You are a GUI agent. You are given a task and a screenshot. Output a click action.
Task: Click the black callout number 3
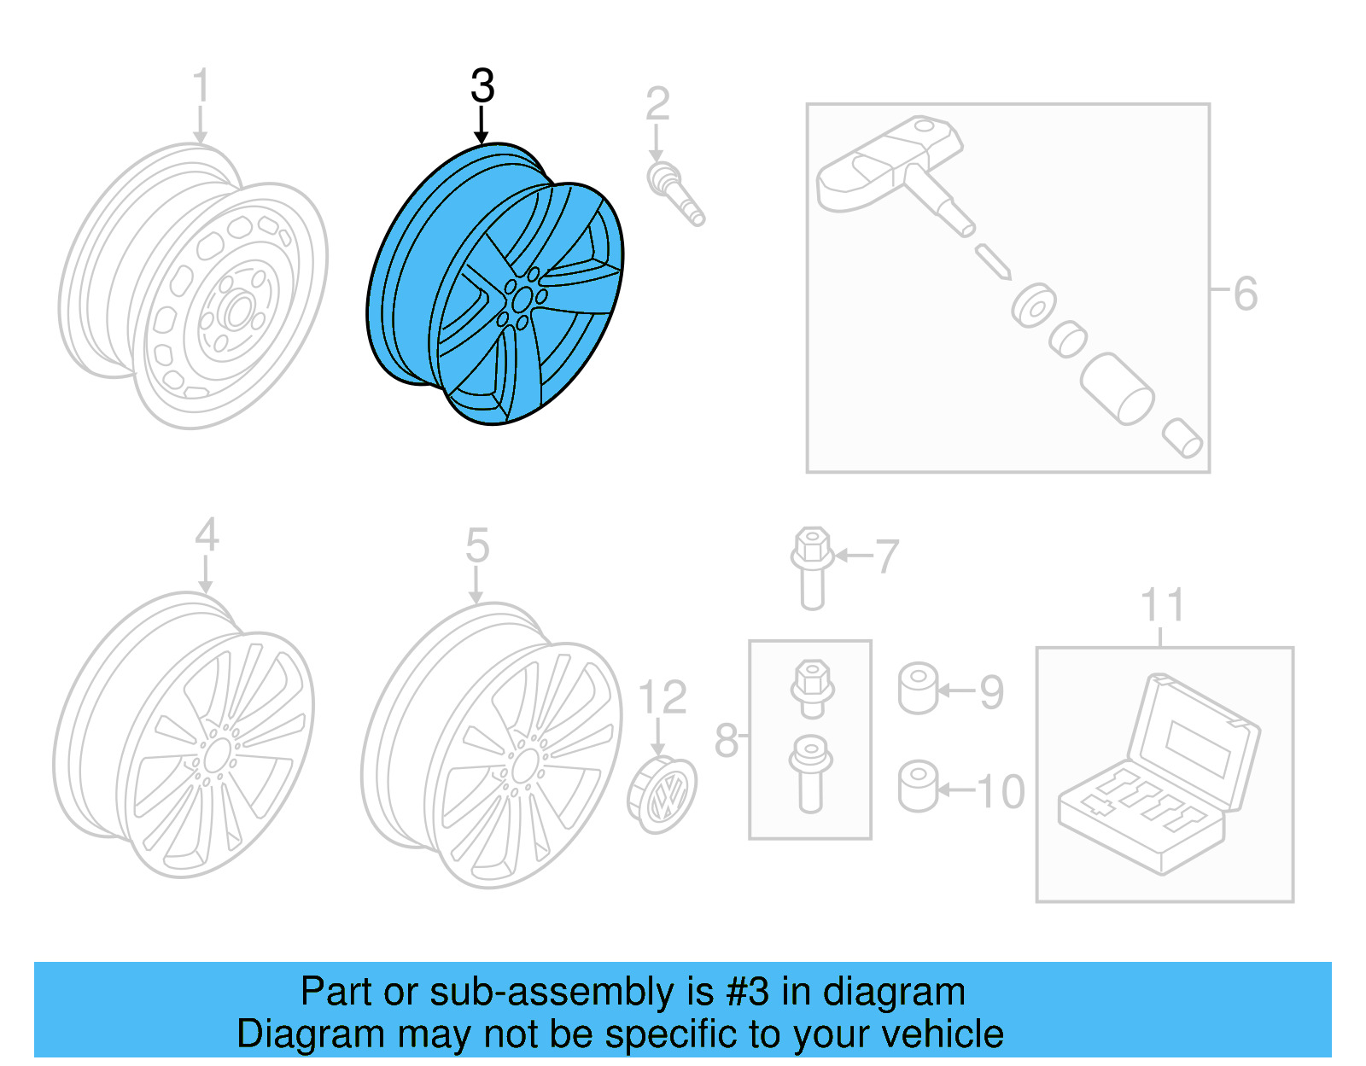[482, 86]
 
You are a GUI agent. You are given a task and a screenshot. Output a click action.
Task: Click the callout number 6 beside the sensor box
[1246, 294]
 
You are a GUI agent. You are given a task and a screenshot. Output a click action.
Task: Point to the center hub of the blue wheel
[521, 300]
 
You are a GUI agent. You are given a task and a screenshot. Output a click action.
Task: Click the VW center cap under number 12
[663, 795]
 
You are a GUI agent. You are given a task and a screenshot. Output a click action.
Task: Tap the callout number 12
[662, 697]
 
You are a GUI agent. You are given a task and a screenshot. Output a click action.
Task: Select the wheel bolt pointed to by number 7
[812, 567]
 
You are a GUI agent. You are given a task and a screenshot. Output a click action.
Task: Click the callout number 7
[888, 556]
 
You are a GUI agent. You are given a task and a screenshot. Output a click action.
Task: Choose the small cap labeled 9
[918, 688]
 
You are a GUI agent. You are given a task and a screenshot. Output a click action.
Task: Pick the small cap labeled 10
[918, 786]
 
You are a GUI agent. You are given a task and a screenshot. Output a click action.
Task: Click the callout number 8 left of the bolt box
[726, 740]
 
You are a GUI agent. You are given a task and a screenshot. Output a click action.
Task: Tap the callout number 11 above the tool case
[1162, 605]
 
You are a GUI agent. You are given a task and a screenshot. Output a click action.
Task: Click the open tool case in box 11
[1160, 777]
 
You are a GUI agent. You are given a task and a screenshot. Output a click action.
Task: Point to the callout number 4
[207, 535]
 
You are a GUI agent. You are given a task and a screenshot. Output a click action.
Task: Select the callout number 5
[477, 545]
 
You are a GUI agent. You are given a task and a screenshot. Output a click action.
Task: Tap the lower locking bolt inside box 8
[810, 772]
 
